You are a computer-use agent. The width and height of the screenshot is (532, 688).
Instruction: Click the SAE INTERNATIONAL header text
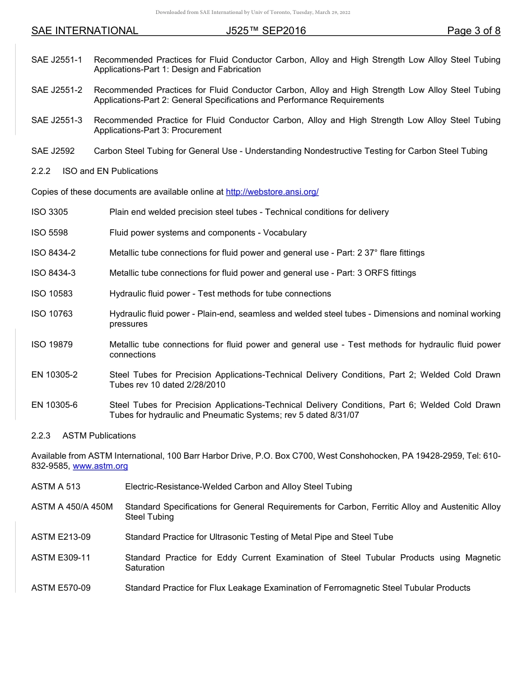(85, 31)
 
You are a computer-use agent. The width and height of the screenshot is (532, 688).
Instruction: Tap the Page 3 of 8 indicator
(474, 31)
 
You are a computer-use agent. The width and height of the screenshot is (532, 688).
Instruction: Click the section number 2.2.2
(41, 171)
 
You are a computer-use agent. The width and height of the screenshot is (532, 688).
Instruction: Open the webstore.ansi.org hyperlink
(272, 192)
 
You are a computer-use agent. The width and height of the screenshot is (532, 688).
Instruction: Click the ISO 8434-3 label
(53, 273)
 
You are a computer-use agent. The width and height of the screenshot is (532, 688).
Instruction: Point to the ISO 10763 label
(52, 314)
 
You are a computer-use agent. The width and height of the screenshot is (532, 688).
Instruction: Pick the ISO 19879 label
(52, 345)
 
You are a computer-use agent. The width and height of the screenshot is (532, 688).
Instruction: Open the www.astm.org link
(100, 466)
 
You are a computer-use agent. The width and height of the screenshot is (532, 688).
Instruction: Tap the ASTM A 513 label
(56, 487)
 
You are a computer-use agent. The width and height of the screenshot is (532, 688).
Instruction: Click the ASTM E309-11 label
(61, 558)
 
